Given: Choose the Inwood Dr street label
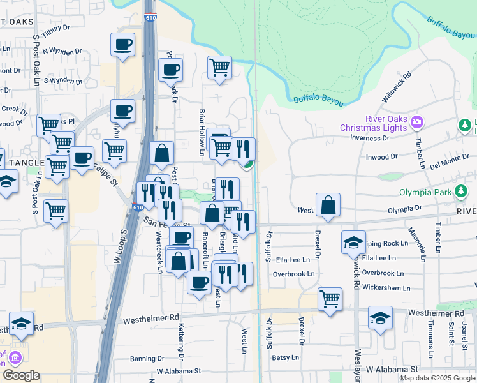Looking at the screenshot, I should tap(381, 156).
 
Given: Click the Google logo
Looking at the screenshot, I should tap(21, 375).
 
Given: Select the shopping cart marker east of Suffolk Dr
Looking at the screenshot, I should tap(330, 298).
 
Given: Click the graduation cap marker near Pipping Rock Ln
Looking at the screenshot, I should tap(353, 243).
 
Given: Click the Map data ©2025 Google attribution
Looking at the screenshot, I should tap(437, 378).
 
